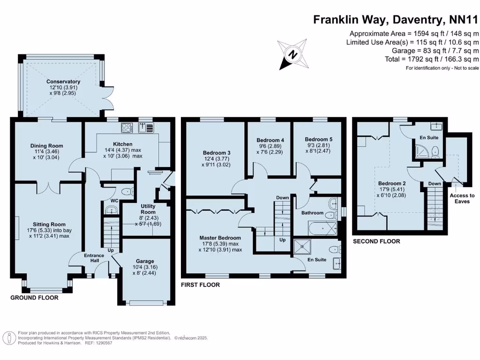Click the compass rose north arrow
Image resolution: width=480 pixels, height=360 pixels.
pos(293,54)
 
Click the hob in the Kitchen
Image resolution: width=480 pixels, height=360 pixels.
pos(127,127)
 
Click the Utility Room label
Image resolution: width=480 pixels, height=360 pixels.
pos(148,209)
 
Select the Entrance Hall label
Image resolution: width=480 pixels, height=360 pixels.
pos(94,258)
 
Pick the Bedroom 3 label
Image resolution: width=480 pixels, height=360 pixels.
pos(217,153)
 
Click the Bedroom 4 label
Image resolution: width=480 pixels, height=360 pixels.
pos(270,140)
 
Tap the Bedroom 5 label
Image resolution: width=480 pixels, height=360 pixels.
pos(318,139)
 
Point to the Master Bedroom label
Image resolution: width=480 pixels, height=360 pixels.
pos(220,238)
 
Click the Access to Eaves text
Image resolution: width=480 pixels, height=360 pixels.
pos(462,198)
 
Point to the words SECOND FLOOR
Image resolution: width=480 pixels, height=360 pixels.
pos(376,241)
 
